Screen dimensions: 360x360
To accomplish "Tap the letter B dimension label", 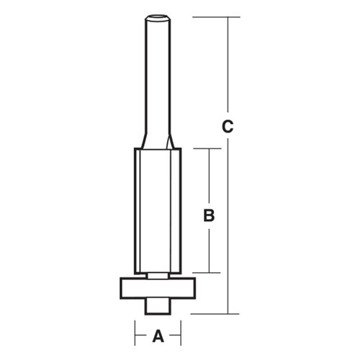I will click(x=208, y=215).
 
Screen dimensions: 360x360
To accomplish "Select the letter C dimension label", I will click(x=228, y=127).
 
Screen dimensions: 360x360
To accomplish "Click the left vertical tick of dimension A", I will click(x=133, y=335).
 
